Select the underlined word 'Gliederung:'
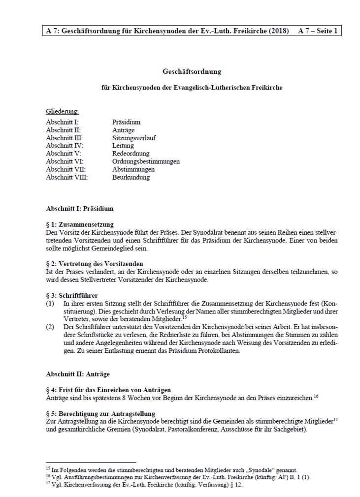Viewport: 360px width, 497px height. click(x=62, y=112)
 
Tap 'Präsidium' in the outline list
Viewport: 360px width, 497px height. click(x=126, y=122)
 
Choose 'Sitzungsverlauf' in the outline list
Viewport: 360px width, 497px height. click(x=134, y=138)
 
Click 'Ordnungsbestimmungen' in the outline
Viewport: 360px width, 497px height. click(x=146, y=161)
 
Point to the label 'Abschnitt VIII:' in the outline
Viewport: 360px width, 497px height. click(x=66, y=177)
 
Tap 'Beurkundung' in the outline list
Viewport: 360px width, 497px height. click(x=131, y=177)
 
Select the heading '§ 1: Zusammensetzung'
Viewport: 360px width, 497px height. click(x=79, y=224)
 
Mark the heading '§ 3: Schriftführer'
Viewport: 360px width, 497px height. click(x=72, y=295)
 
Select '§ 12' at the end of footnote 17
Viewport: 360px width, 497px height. click(x=234, y=485)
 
